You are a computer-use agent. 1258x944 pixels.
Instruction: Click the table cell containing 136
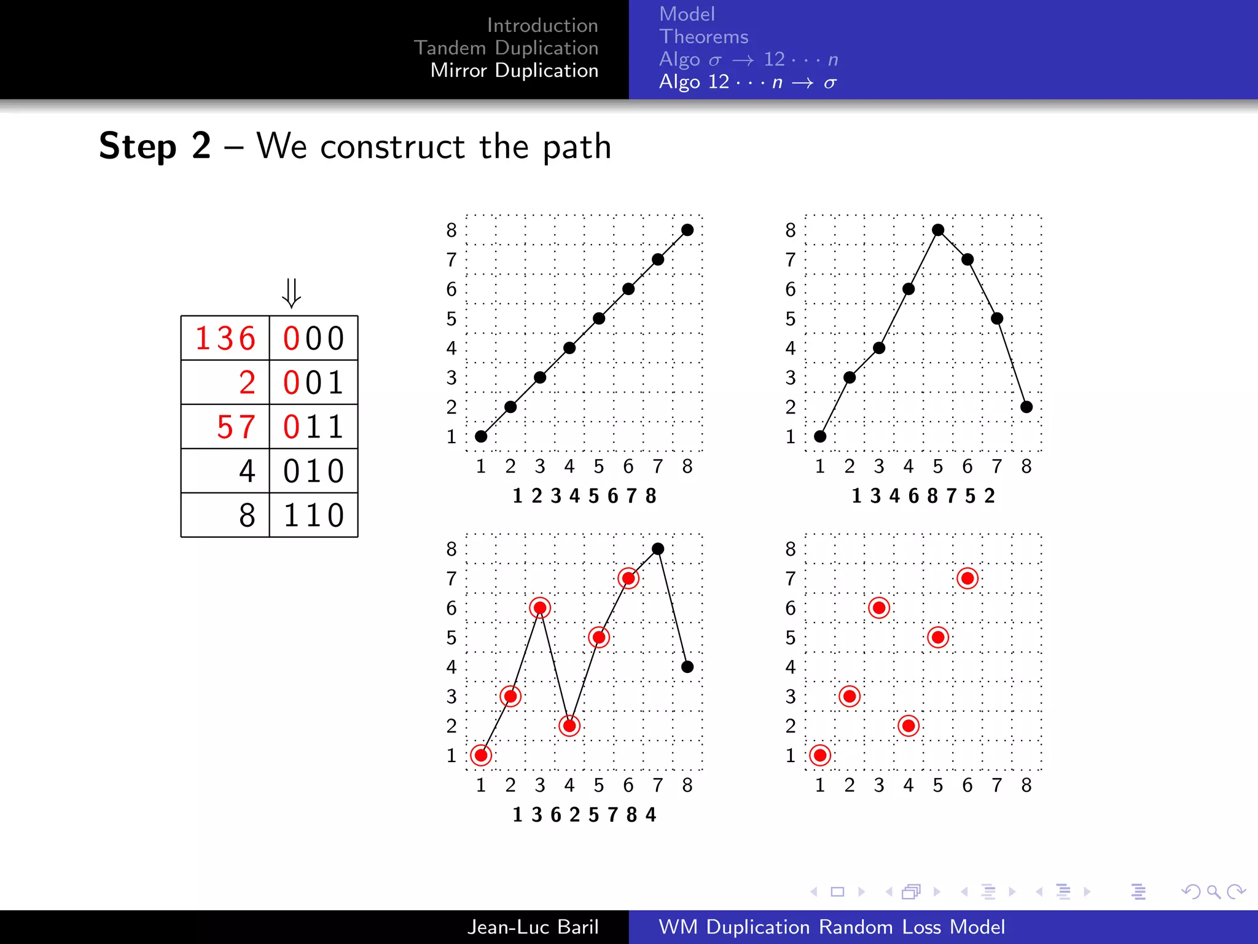[x=225, y=339]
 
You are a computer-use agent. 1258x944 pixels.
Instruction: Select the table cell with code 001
[x=313, y=383]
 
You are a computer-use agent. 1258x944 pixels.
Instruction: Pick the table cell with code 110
[x=313, y=516]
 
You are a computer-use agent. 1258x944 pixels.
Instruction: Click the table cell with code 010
[x=313, y=471]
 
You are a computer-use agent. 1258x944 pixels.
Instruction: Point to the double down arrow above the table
[x=291, y=293]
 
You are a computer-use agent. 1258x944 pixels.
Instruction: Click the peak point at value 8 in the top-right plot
[x=938, y=230]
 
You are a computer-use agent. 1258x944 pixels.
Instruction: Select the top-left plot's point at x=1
[x=481, y=436]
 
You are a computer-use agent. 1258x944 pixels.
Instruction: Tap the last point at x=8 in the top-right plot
[x=1026, y=407]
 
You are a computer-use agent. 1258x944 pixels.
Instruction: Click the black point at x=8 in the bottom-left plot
[x=687, y=667]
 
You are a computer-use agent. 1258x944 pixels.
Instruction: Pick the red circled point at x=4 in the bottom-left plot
[x=569, y=726]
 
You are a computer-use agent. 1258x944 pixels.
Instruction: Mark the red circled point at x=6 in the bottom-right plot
[x=967, y=578]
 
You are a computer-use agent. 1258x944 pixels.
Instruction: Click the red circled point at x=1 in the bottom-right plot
[x=820, y=755]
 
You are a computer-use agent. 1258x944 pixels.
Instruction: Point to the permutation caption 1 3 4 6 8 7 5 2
[x=923, y=496]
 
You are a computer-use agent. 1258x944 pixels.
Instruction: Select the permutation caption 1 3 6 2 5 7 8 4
[x=584, y=815]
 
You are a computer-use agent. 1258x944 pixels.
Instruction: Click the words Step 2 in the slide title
[x=155, y=146]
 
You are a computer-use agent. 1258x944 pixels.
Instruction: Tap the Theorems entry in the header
[x=703, y=37]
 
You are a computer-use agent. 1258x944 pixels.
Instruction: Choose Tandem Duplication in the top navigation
[x=506, y=48]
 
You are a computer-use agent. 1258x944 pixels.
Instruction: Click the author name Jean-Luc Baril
[x=533, y=927]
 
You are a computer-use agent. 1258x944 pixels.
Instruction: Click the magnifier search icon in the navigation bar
[x=1213, y=892]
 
